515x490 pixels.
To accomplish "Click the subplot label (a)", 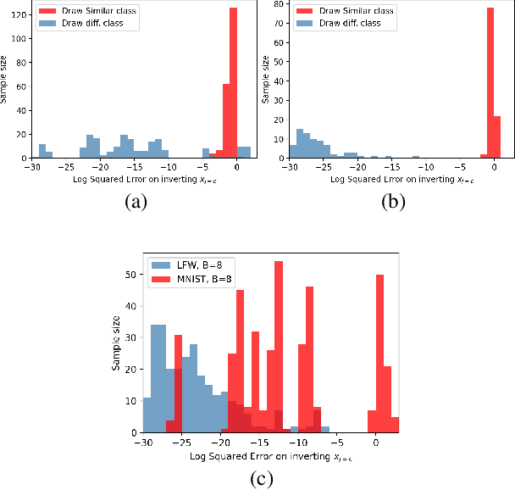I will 135,202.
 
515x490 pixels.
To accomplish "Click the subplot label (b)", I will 391,202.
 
